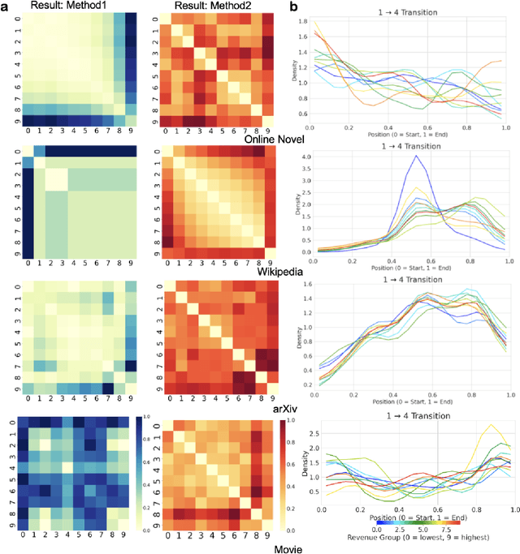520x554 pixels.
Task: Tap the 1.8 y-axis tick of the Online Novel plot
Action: (x=298, y=35)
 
